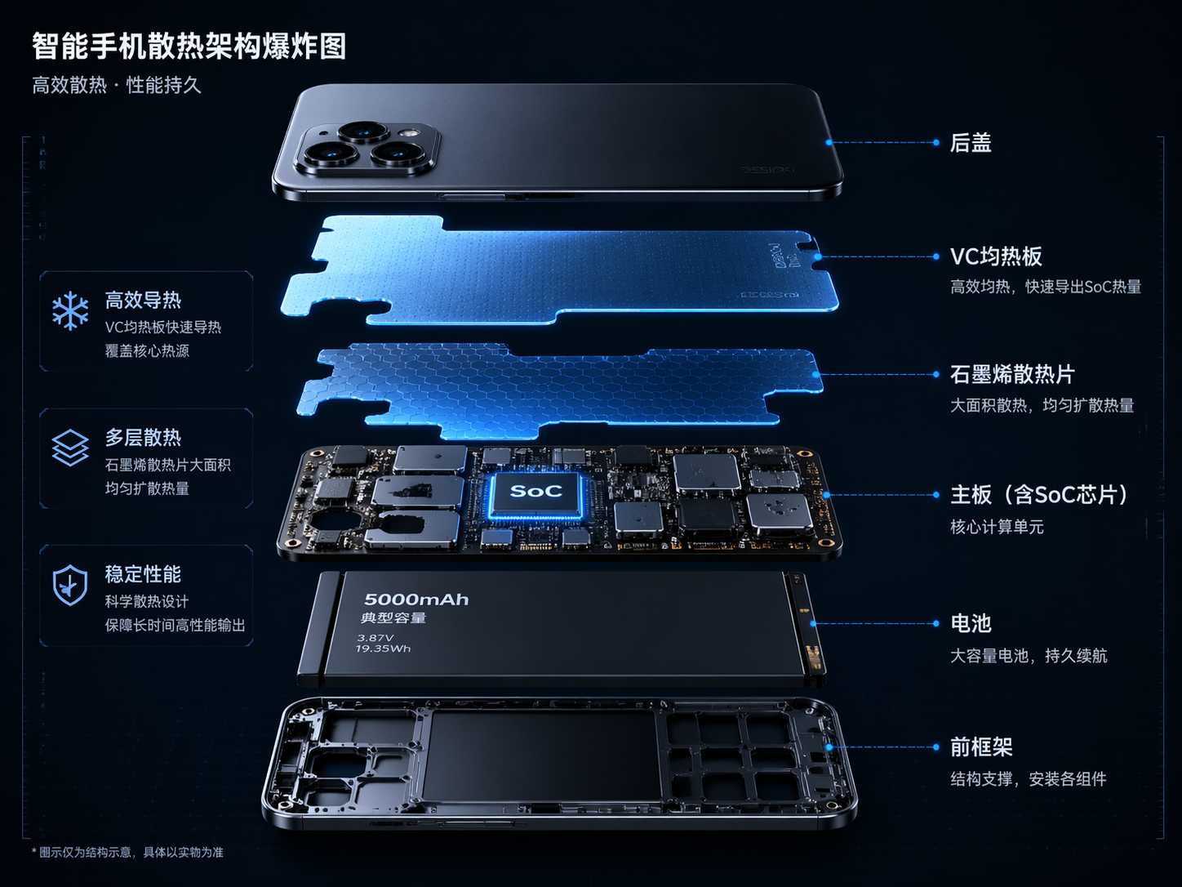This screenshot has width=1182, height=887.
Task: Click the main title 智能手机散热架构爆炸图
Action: coord(189,47)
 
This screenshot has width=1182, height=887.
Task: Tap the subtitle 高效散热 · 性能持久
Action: coord(117,85)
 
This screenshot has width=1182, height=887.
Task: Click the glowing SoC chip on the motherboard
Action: coord(536,492)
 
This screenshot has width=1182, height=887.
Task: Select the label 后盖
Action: coord(971,143)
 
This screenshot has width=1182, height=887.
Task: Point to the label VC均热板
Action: coord(996,256)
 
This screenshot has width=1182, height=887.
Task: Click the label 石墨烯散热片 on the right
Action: coord(1012,375)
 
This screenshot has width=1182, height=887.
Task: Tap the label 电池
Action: coord(971,624)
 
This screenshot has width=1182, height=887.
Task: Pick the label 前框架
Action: coord(981,747)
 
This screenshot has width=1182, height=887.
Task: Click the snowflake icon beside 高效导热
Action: coord(70,310)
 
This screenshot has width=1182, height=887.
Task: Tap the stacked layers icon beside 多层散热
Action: coord(70,448)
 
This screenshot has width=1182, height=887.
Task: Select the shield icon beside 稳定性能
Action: coord(70,585)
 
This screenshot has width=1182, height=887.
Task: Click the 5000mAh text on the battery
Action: coord(416,600)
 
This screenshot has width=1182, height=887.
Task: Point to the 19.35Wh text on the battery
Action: coord(383,649)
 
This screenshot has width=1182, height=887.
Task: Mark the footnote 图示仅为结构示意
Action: coord(131,852)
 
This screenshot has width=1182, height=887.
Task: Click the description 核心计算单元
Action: coord(997,527)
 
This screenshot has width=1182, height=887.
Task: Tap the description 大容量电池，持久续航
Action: coord(1029,656)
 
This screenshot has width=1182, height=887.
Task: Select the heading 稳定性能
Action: coord(143,574)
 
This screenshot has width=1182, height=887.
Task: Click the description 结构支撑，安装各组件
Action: coord(1029,779)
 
